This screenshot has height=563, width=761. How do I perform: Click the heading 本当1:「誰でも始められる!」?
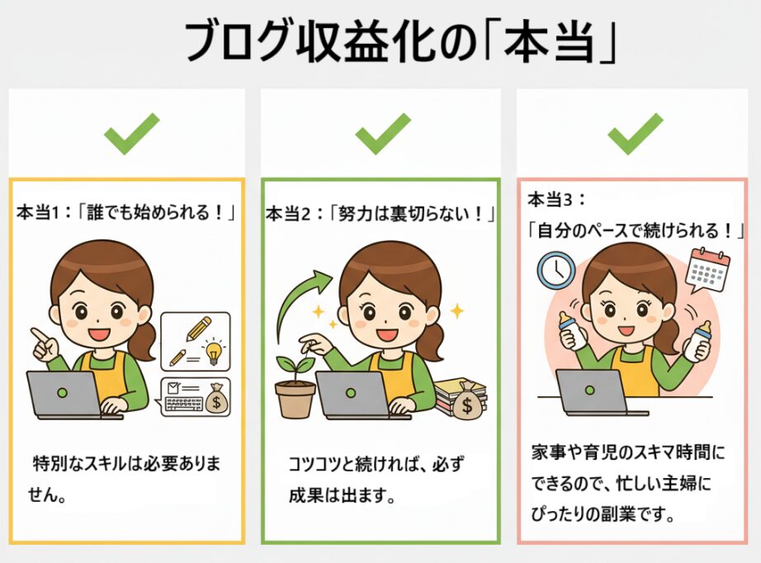125,213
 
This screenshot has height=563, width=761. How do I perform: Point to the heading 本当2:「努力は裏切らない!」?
380,214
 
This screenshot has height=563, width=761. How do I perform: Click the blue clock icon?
556,270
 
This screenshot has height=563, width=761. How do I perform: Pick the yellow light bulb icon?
214,352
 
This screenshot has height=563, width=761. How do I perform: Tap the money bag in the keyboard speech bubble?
216,398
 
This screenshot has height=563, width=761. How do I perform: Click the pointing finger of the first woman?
38,334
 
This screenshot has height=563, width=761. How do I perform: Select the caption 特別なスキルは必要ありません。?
125,480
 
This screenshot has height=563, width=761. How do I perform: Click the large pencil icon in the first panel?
199,329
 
